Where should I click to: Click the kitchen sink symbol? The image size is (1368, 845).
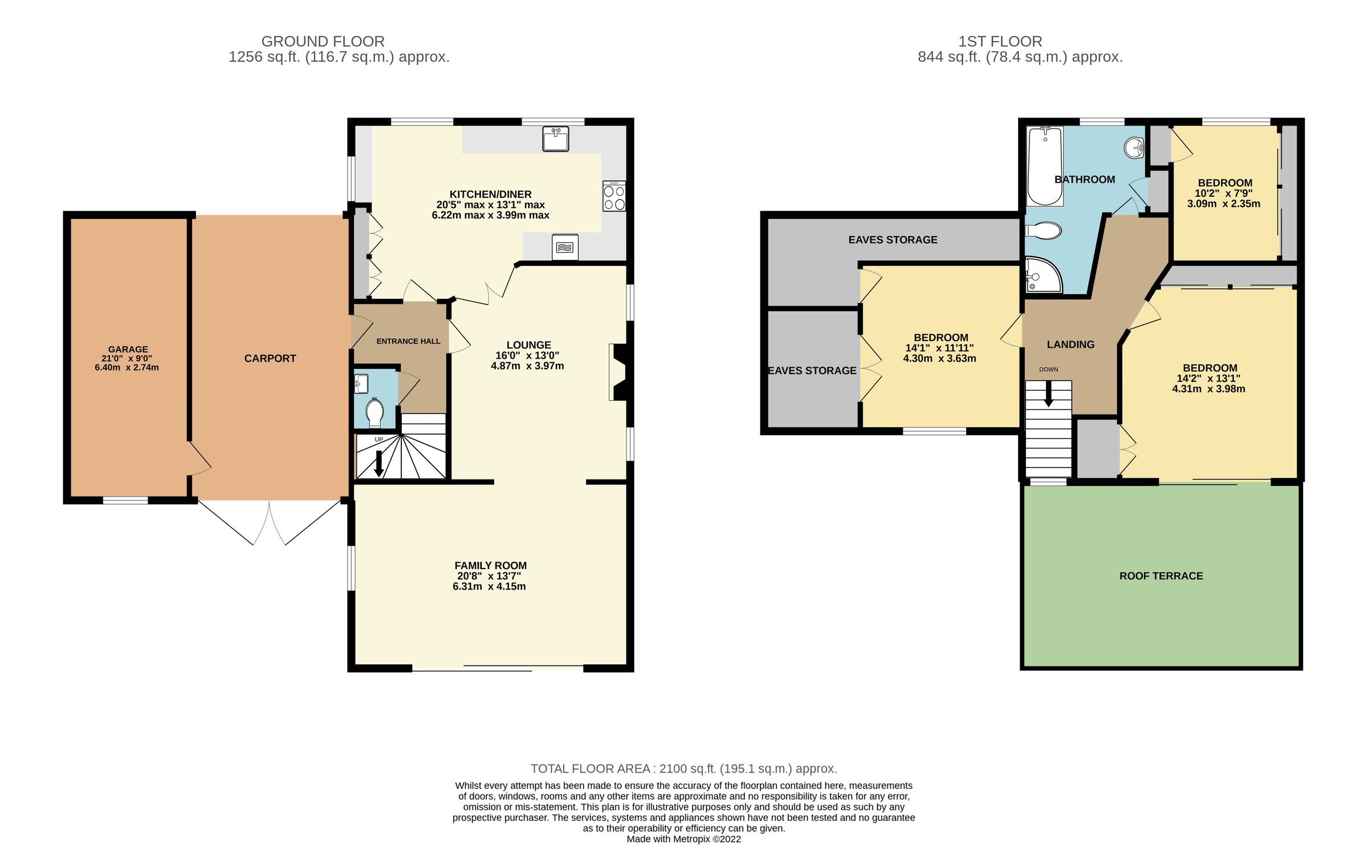(555, 139)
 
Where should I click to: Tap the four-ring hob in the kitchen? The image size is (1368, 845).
(614, 196)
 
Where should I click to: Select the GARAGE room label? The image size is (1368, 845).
(128, 349)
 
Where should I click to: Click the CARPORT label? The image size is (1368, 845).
(270, 359)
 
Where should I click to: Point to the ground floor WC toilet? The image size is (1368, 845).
(374, 413)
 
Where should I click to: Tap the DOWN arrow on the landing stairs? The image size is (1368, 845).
(1048, 395)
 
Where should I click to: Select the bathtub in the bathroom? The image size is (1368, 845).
(1045, 166)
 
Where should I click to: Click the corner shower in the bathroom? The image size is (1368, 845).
(1041, 277)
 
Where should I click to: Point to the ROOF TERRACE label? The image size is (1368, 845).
(1161, 576)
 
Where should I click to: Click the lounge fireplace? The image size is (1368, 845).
(618, 372)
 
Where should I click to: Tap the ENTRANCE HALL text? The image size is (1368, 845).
(408, 341)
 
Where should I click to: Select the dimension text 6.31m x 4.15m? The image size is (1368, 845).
(489, 586)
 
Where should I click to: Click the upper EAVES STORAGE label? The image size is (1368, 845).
(893, 240)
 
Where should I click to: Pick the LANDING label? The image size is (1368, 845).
(1070, 344)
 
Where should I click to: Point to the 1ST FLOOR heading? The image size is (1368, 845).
(1000, 41)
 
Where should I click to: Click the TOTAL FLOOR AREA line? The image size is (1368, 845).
(683, 768)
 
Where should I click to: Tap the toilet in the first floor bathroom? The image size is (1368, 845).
(1043, 231)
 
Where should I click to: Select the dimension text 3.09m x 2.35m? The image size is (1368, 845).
(1223, 204)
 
